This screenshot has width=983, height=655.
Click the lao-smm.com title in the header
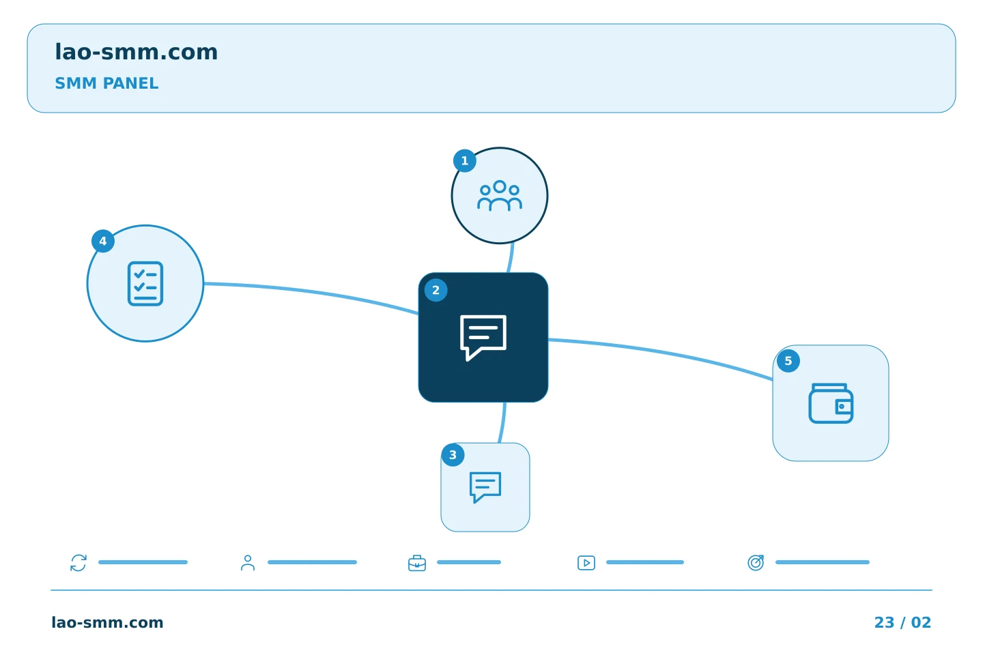(x=136, y=52)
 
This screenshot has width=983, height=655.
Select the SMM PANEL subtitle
(x=106, y=83)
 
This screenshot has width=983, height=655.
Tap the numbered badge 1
(x=465, y=161)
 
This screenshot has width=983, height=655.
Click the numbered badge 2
(x=436, y=290)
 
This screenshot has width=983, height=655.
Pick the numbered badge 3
(x=453, y=455)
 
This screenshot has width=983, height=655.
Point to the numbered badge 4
(x=103, y=241)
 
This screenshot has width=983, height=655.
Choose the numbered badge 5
(x=788, y=361)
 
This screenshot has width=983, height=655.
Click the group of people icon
(x=500, y=196)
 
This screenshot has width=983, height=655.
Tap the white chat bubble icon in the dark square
(x=483, y=337)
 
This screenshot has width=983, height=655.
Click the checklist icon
(x=145, y=283)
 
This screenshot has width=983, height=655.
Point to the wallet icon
(x=831, y=403)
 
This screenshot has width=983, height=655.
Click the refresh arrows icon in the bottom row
(x=79, y=563)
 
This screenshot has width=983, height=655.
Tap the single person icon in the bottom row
(x=248, y=563)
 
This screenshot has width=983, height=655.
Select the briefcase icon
(x=417, y=564)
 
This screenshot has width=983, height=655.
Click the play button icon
(x=586, y=563)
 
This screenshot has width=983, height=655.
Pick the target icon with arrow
(x=756, y=563)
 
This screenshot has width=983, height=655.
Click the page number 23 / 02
(x=902, y=622)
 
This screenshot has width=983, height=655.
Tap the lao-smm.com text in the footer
(x=108, y=622)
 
